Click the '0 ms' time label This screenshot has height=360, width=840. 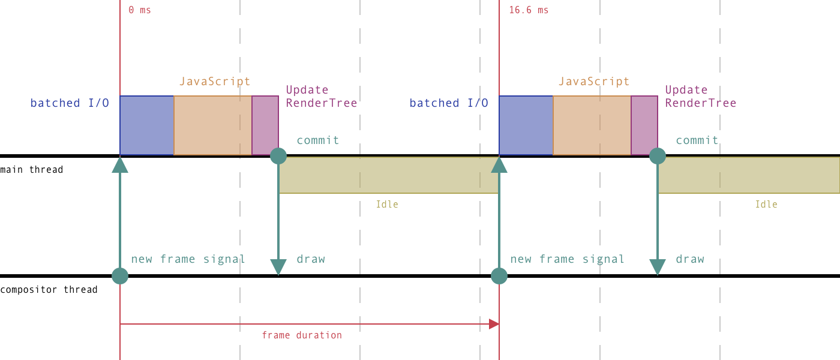(139, 10)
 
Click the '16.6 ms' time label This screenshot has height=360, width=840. (528, 10)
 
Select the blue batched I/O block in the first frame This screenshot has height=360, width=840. (146, 125)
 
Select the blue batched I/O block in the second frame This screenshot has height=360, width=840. (526, 125)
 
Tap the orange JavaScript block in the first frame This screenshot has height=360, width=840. (212, 125)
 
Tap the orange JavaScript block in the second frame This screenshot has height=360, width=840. (592, 125)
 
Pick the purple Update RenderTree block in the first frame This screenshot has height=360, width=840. (265, 125)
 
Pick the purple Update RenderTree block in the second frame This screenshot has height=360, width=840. (644, 125)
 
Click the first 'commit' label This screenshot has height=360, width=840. (317, 140)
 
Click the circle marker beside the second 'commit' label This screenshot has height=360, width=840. (658, 156)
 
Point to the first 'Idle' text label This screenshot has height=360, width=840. (387, 205)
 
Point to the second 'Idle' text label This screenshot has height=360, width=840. (766, 205)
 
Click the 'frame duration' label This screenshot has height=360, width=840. (302, 335)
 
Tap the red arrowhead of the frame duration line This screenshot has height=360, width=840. (494, 324)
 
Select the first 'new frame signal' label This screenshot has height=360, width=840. (188, 259)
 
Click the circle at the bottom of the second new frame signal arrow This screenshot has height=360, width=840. (499, 276)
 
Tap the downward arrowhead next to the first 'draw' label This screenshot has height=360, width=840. (278, 267)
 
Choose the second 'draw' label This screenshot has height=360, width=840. (690, 259)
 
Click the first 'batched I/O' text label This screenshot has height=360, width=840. (70, 103)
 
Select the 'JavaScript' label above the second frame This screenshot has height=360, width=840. (594, 82)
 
